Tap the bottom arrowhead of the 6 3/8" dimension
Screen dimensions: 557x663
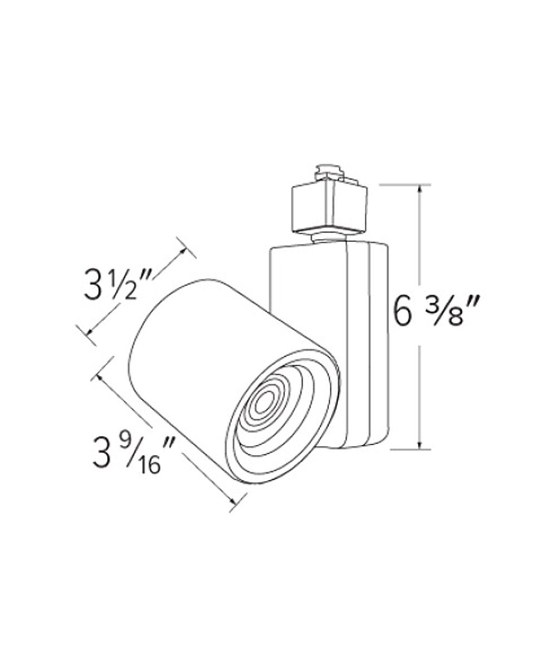420,445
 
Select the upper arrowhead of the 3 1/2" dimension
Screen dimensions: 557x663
183,252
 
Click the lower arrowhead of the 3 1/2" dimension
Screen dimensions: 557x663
90,331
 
